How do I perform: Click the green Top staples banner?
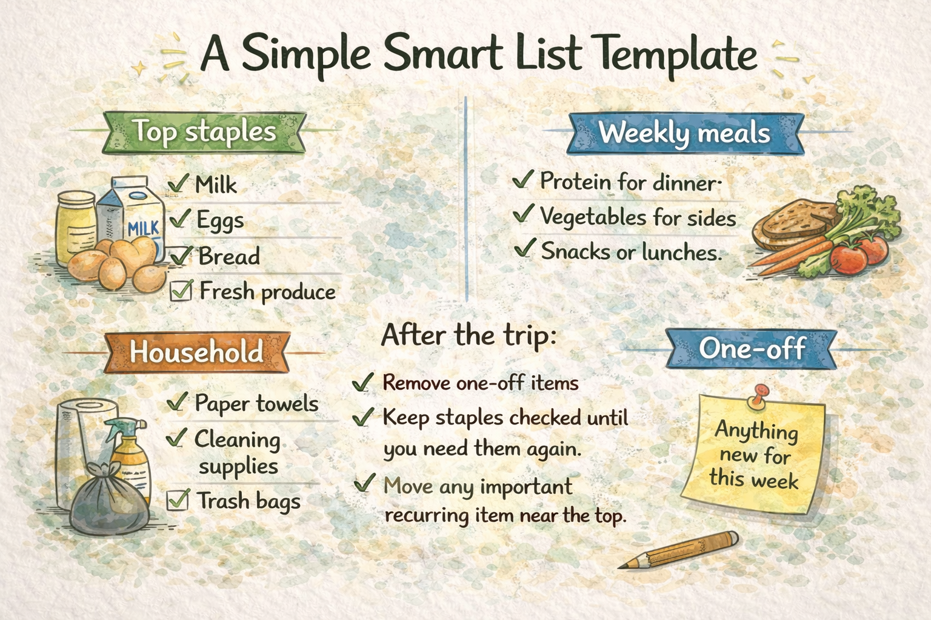pyautogui.click(x=205, y=131)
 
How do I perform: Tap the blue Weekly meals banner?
pyautogui.click(x=684, y=133)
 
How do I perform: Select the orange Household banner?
pyautogui.click(x=196, y=351)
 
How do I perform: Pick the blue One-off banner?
pyautogui.click(x=752, y=348)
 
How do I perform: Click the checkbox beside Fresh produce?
pyautogui.click(x=180, y=291)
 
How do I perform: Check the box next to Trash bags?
pyautogui.click(x=177, y=500)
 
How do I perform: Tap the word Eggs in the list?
pyautogui.click(x=220, y=220)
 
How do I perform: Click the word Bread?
pyautogui.click(x=229, y=256)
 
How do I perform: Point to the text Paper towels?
pyautogui.click(x=256, y=403)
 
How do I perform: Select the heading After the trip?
pyautogui.click(x=469, y=335)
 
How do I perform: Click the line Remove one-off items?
pyautogui.click(x=480, y=383)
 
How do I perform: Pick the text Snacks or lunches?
pyautogui.click(x=631, y=251)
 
